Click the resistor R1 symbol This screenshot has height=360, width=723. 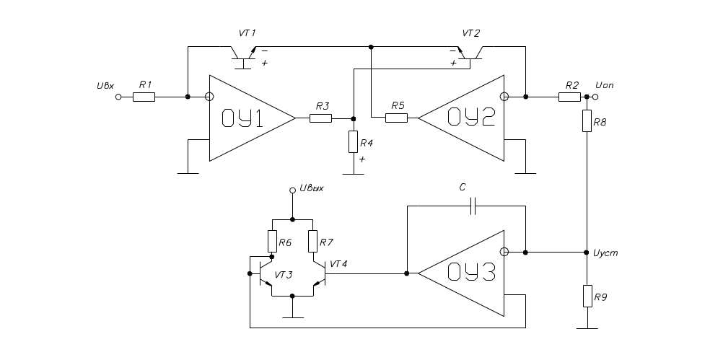coord(144,97)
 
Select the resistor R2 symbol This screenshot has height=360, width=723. coord(570,97)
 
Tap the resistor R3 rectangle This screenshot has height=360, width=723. coord(320,118)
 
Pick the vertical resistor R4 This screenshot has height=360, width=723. coord(353,142)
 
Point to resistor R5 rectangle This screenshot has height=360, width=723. coord(396,118)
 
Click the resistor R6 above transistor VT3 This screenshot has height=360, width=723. coord(272,241)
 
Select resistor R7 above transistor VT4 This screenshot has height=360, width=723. coord(312,241)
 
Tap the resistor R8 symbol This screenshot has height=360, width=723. coord(587,122)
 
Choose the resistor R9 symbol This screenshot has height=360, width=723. coord(587,296)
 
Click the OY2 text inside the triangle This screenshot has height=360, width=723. coord(472,118)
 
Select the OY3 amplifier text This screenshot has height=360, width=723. coord(472,273)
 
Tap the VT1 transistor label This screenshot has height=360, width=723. coord(247,34)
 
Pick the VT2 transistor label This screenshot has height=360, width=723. coord(470,34)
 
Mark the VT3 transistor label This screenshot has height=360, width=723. coord(283,275)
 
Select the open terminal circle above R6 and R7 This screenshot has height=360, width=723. coord(292,190)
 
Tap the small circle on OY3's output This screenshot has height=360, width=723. coord(504,253)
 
